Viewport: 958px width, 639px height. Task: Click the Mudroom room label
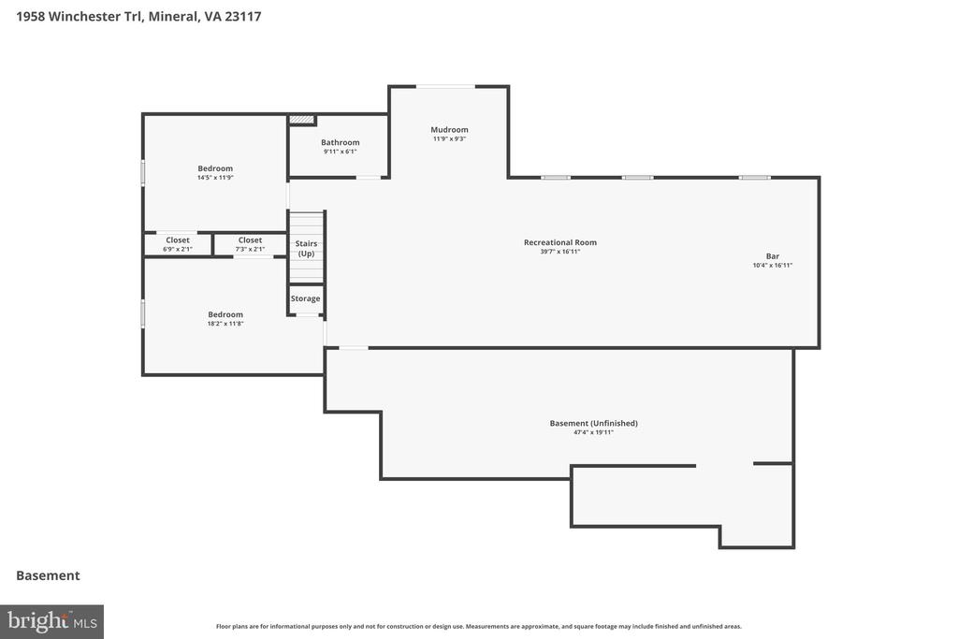point(449,129)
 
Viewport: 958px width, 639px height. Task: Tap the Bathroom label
point(341,142)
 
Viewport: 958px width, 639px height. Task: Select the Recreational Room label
point(560,242)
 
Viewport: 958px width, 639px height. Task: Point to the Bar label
point(772,256)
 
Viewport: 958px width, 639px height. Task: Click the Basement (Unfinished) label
point(594,424)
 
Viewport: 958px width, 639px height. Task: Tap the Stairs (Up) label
point(306,248)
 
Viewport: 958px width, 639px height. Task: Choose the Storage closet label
point(306,298)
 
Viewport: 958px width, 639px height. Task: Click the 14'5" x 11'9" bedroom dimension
point(215,178)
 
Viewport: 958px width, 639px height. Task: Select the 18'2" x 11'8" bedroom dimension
point(225,324)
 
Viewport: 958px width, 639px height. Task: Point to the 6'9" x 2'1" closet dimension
point(178,249)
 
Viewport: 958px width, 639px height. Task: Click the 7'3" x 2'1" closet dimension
point(250,249)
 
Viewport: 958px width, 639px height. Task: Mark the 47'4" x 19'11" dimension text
point(593,432)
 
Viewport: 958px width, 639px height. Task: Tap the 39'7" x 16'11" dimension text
point(560,252)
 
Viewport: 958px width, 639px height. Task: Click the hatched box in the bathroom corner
point(302,120)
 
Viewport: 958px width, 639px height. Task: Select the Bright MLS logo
point(52,622)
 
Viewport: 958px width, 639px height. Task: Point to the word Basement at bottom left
point(48,575)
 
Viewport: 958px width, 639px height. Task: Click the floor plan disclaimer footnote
point(478,626)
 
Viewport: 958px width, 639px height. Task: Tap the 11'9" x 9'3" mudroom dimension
point(449,138)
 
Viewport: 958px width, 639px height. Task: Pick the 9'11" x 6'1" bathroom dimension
point(341,152)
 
